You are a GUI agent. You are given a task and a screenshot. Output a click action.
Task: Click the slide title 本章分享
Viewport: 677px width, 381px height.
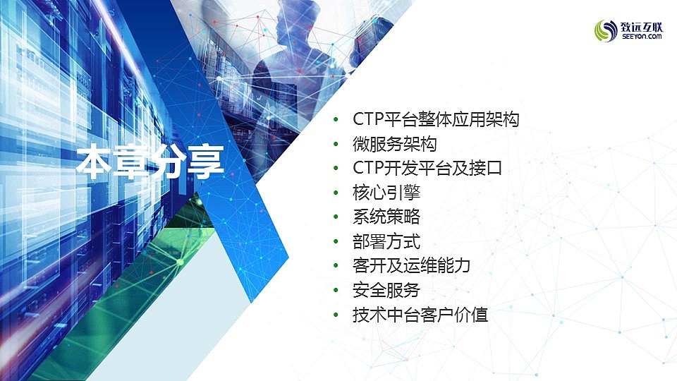150,162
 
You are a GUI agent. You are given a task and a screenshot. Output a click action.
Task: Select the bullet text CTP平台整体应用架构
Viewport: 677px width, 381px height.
436,119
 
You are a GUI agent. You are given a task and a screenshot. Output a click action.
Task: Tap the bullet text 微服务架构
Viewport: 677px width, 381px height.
395,144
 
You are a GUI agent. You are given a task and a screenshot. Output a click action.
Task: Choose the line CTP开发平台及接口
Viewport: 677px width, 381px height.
427,168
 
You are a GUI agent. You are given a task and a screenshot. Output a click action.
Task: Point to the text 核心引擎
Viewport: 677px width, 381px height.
386,193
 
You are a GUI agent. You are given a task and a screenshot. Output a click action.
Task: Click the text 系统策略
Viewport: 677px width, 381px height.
386,217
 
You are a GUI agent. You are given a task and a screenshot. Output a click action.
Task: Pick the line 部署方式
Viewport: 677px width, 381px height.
386,241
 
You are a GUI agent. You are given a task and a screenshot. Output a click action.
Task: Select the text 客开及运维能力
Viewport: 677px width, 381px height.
411,266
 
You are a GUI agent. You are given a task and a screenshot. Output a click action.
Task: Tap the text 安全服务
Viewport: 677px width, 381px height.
386,290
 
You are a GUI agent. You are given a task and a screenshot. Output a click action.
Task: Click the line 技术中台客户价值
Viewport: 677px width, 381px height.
420,315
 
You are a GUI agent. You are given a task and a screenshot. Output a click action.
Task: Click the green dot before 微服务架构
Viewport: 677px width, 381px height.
336,144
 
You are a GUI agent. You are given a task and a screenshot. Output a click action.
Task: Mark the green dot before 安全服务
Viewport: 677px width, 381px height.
336,290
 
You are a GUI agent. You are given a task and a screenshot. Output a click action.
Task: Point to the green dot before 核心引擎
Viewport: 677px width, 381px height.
336,193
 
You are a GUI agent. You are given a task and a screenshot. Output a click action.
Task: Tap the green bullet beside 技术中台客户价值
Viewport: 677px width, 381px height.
336,315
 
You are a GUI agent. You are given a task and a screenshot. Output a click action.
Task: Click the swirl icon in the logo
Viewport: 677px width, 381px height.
606,30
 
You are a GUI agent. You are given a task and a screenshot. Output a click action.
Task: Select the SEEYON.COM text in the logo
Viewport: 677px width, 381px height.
642,37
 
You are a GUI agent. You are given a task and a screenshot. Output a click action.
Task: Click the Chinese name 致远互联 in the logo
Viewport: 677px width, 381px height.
642,27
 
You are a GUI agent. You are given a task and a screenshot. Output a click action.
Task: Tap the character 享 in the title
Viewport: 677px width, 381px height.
206,162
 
